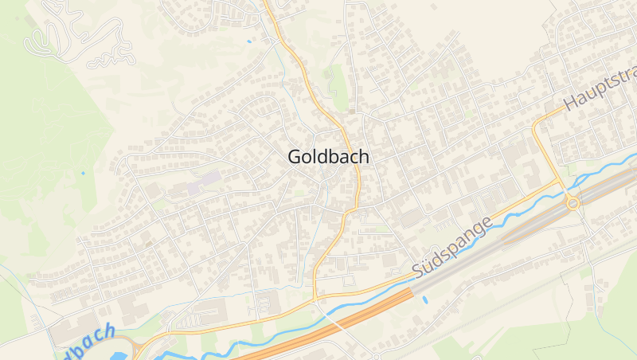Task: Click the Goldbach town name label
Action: click(x=328, y=157)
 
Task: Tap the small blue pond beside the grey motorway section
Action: click(x=424, y=300)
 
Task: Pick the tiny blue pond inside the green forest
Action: click(x=82, y=172)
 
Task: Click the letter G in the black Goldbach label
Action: click(x=295, y=157)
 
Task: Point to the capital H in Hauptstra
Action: click(x=571, y=104)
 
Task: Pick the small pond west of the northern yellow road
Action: click(x=249, y=41)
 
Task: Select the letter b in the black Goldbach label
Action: click(x=338, y=157)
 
